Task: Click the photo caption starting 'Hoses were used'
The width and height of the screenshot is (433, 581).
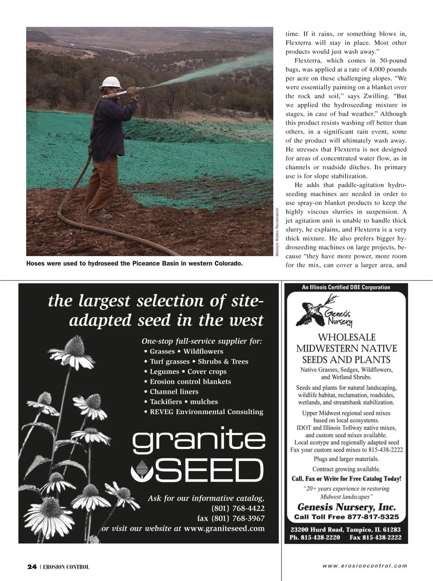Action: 134,263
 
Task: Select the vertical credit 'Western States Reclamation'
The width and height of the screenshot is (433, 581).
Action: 277,232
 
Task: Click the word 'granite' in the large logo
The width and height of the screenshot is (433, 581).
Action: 198,441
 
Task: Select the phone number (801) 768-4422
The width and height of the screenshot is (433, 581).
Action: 238,508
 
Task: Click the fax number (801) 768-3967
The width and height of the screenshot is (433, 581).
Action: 231,518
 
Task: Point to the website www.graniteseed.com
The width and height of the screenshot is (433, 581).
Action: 224,528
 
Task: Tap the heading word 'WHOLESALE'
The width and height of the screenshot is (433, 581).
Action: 346,337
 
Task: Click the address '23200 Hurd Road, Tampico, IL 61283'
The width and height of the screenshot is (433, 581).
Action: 345,530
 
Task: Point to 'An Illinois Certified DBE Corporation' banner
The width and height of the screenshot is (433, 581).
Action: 346,287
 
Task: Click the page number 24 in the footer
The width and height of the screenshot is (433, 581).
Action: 32,567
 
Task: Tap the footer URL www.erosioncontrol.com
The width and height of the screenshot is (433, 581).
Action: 364,566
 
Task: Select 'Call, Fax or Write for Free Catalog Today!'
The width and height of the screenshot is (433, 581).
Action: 346,479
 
